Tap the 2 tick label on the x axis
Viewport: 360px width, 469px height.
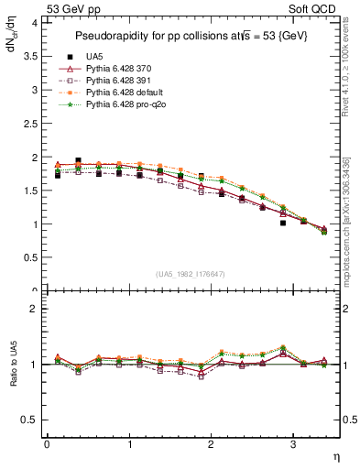[x=211, y=444]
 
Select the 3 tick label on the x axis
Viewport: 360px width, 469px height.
[x=292, y=444]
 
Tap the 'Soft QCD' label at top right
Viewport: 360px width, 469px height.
[x=315, y=8]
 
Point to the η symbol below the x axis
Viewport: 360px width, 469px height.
[x=334, y=455]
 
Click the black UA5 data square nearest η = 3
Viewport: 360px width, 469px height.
[x=283, y=223]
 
